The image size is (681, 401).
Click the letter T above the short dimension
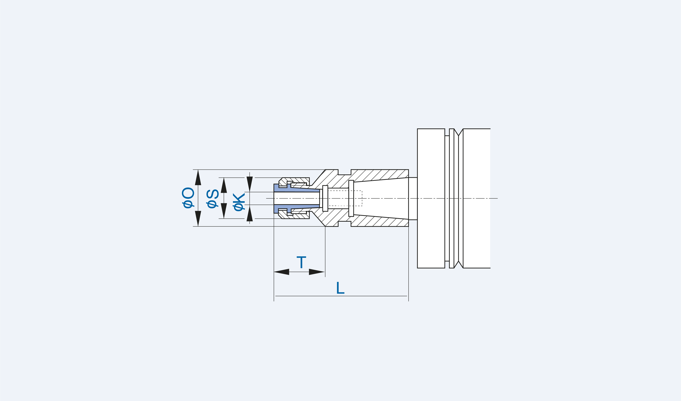(301, 262)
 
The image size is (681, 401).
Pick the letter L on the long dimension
(340, 288)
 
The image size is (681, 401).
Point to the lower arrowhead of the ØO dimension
(198, 218)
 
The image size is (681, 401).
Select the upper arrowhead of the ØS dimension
(224, 186)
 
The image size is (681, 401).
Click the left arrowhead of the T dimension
(282, 272)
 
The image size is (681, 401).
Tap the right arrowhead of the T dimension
(316, 272)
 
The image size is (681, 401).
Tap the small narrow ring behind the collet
(325, 198)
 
